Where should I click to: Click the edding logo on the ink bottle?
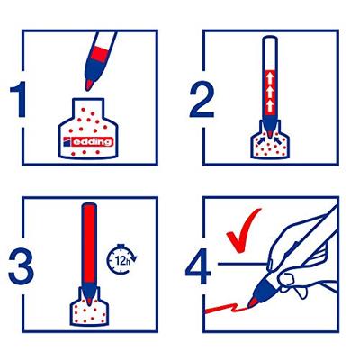88,141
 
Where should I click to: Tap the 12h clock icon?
121,258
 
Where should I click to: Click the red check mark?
244,230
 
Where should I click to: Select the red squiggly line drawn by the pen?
226,308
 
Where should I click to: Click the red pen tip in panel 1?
89,85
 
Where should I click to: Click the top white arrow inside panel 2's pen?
270,79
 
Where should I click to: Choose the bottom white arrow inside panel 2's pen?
270,106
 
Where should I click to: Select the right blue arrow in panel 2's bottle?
279,139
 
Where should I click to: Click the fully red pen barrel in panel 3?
89,244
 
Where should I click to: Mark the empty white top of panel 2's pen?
270,53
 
